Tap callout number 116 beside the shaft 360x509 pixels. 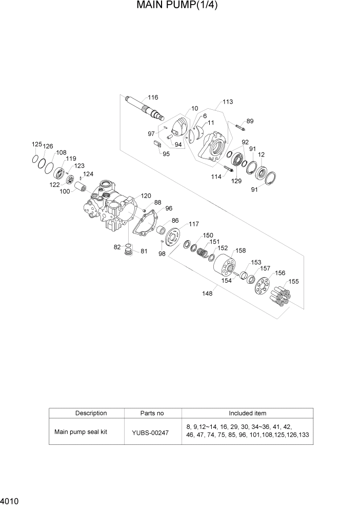pyautogui.click(x=153, y=97)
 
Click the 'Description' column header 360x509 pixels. pyautogui.click(x=91, y=413)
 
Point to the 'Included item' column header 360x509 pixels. pyautogui.click(x=247, y=413)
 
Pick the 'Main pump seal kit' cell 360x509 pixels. pyautogui.click(x=81, y=432)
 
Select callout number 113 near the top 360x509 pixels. pyautogui.click(x=228, y=102)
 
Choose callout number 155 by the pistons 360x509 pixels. pyautogui.click(x=293, y=282)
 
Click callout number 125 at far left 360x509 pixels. pyautogui.click(x=37, y=145)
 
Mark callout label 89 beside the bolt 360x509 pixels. pyautogui.click(x=250, y=121)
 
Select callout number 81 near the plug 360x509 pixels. pyautogui.click(x=144, y=251)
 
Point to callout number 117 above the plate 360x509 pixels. pyautogui.click(x=193, y=224)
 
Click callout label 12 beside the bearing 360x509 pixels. pyautogui.click(x=261, y=154)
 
